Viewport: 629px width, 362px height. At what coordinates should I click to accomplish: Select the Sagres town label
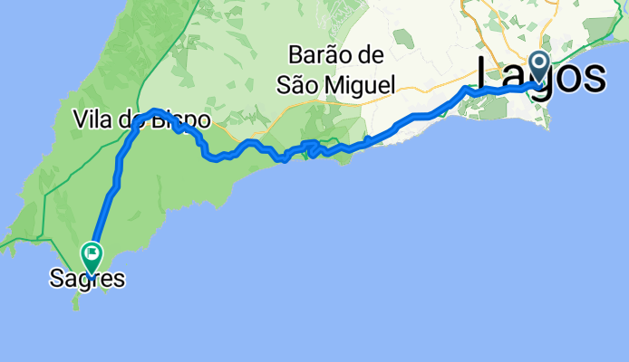[x=87, y=281]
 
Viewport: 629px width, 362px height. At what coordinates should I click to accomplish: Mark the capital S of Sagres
[x=56, y=281]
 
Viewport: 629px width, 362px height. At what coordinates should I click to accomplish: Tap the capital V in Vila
[x=80, y=119]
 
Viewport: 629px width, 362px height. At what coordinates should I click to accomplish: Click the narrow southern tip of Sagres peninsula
[x=76, y=306]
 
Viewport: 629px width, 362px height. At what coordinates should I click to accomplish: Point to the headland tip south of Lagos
[x=547, y=128]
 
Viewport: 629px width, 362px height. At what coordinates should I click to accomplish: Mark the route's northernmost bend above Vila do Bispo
[x=156, y=110]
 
